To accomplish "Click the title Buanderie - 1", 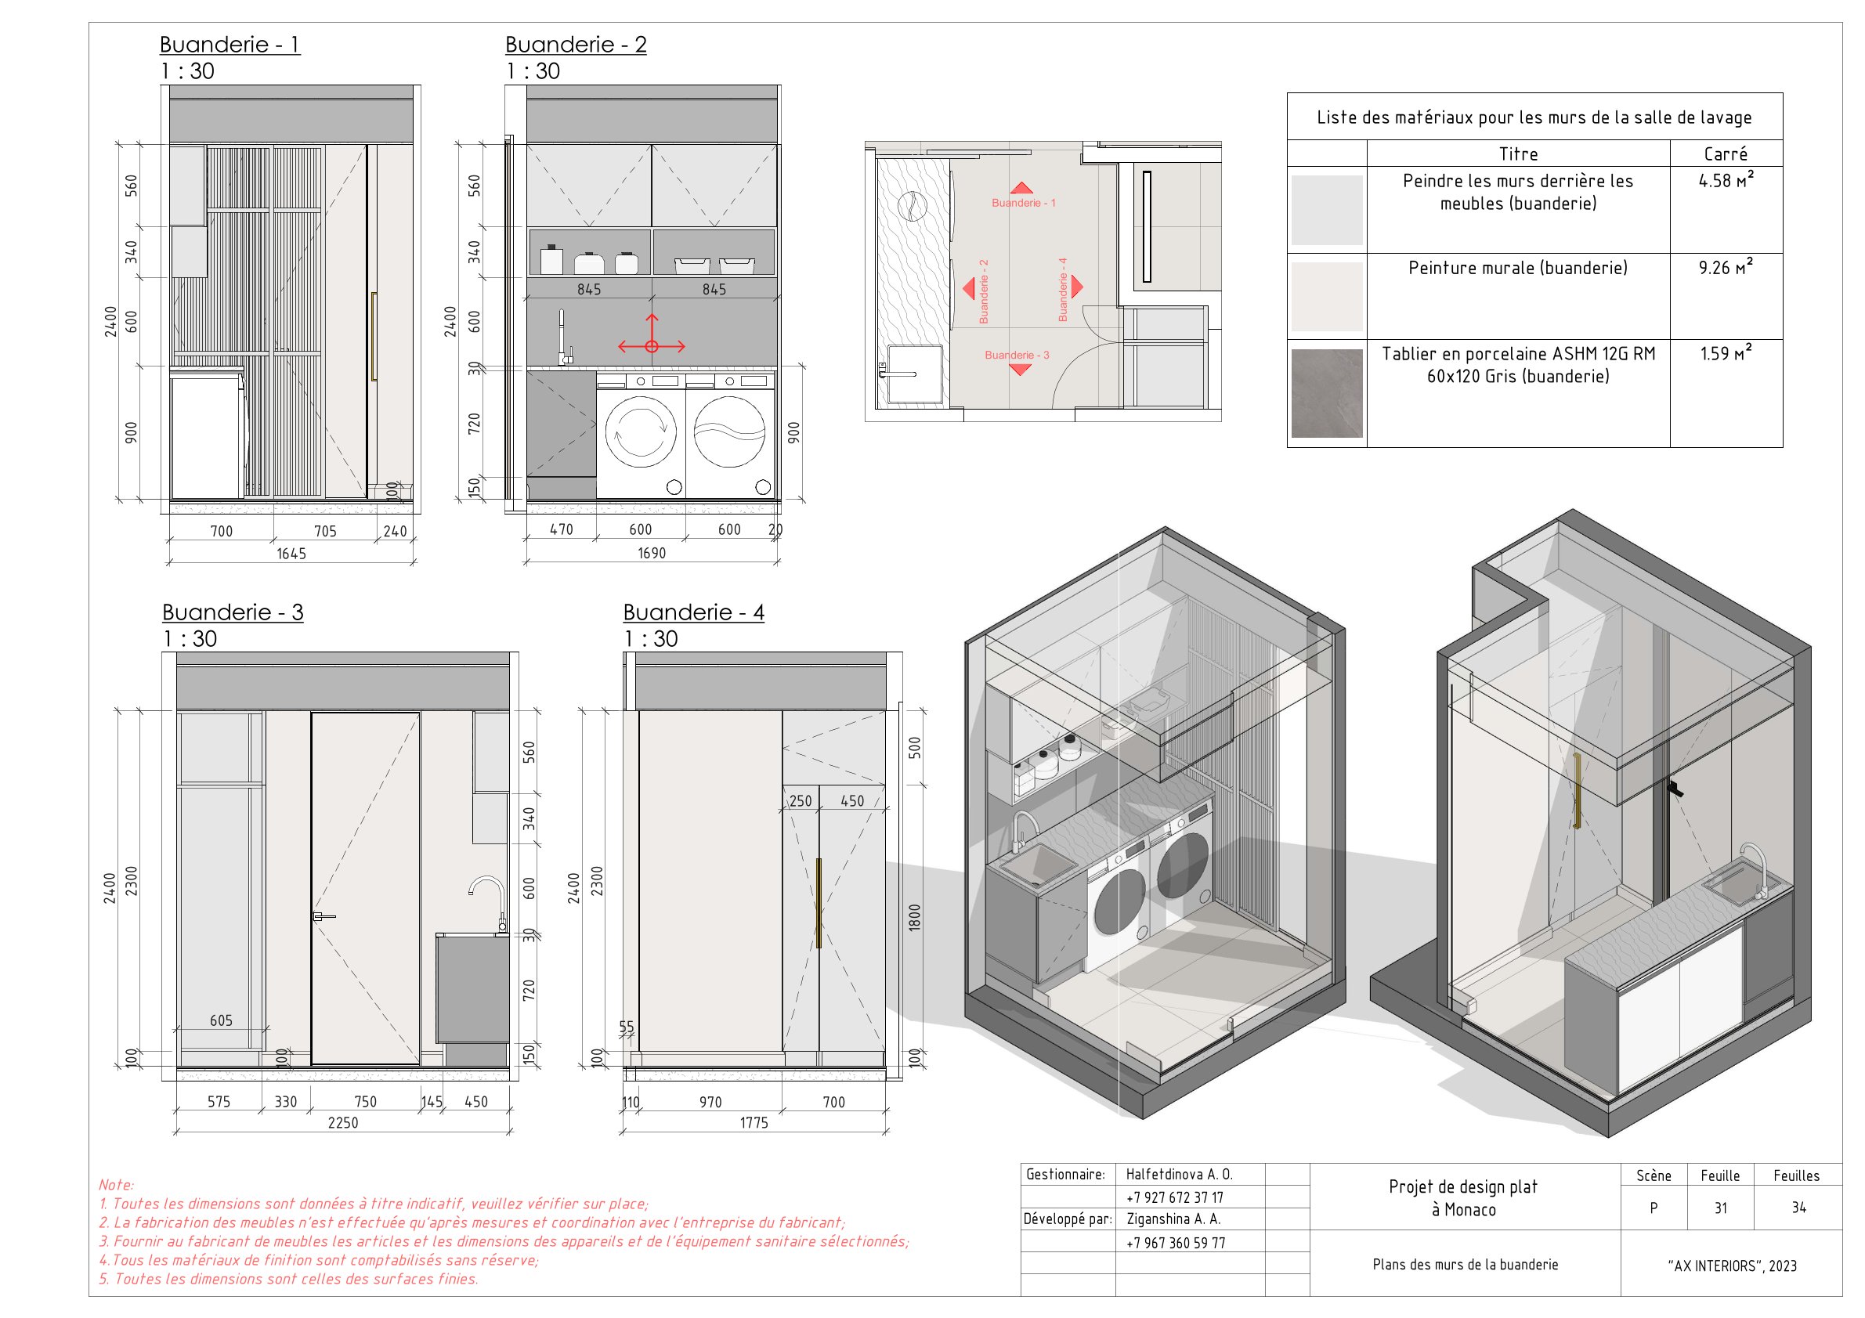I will point(230,45).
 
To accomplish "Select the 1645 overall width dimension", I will point(291,554).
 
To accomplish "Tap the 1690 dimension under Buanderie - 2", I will point(652,554).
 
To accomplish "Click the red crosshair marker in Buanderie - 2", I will point(652,347).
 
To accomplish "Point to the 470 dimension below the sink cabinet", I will point(562,529).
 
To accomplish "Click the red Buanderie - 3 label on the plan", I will point(1017,355).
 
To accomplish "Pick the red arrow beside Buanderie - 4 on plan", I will point(1077,286).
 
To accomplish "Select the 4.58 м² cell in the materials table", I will point(1726,181).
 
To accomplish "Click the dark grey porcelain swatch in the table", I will point(1326,393).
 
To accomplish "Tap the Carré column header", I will point(1726,153).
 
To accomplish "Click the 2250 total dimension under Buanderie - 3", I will point(343,1122).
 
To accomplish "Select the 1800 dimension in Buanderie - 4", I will point(915,918).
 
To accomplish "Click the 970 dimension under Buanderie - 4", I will point(710,1102).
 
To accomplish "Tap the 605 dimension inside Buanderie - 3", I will point(221,1020).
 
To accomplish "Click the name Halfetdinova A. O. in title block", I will point(1179,1174).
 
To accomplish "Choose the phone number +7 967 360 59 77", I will point(1176,1243).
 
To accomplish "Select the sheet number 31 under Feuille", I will point(1720,1208).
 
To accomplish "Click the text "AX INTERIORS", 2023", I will point(1731,1266).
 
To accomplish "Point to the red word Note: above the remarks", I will point(116,1185).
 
